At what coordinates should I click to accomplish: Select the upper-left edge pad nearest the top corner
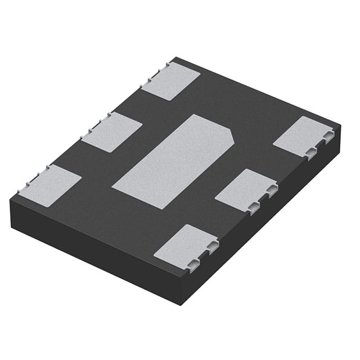(171, 80)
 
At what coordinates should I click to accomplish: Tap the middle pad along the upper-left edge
(112, 132)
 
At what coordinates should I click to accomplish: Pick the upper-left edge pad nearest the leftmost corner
(51, 185)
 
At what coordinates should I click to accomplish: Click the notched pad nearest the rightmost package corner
(303, 137)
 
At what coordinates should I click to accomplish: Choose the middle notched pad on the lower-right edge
(245, 190)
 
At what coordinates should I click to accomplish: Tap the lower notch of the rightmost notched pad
(311, 152)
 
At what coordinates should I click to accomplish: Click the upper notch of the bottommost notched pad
(211, 246)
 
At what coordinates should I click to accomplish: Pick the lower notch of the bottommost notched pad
(193, 264)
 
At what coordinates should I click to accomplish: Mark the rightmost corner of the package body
(340, 125)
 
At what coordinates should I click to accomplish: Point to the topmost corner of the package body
(175, 57)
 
